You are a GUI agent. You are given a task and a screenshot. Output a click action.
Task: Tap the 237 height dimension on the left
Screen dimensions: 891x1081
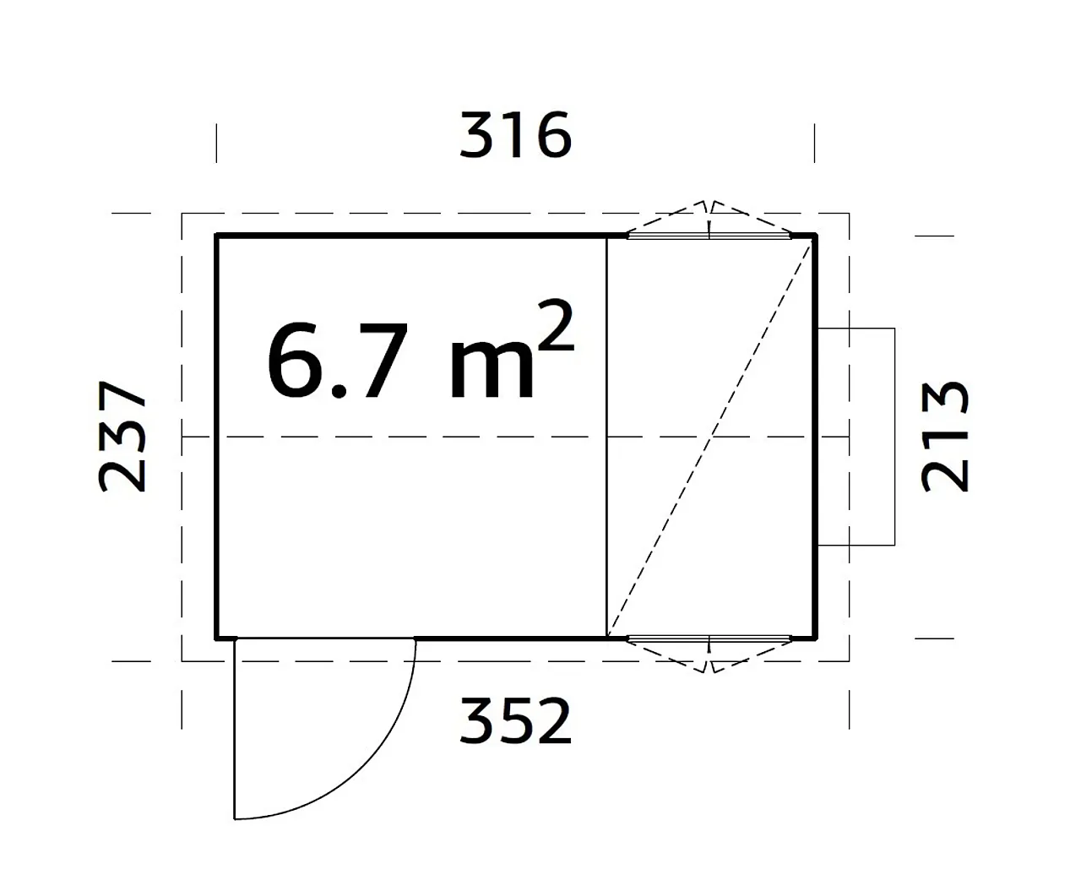point(122,436)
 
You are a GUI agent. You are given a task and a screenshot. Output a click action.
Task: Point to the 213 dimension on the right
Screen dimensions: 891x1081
point(945,436)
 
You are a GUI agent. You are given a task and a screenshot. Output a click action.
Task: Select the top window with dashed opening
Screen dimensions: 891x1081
point(709,228)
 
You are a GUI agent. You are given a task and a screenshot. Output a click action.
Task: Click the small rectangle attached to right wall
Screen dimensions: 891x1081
point(857,436)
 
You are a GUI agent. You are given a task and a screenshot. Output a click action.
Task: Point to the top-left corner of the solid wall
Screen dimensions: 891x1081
point(218,236)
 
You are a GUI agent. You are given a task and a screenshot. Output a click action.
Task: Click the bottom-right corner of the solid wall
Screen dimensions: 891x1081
point(815,638)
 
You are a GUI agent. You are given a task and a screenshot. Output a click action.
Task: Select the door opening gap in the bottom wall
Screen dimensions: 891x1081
point(325,638)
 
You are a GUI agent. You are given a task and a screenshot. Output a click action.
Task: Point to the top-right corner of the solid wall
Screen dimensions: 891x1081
point(815,236)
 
